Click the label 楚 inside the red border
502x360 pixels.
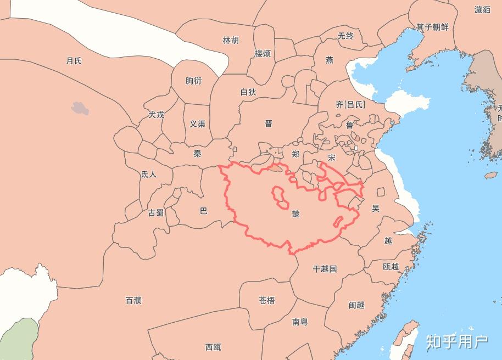296,213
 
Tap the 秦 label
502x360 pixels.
197,154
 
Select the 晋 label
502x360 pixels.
269,123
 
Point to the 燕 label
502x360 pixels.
329,60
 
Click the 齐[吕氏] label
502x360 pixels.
350,104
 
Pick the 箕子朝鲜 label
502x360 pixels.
432,27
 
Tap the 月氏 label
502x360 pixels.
74,60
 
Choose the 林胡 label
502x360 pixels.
231,40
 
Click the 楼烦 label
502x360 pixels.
263,54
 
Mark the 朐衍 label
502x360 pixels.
193,81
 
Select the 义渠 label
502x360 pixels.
197,124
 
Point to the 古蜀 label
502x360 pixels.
156,212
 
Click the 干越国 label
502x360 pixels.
325,269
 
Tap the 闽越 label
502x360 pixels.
356,305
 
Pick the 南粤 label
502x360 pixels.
300,322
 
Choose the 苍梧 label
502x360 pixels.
267,300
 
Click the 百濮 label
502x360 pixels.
133,300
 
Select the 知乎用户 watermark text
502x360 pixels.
457,341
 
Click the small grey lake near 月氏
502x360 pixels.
80,108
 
